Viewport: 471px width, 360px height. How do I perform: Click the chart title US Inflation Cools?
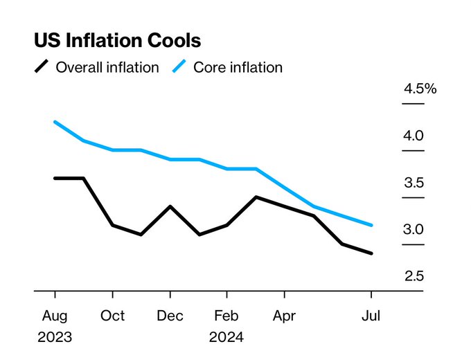(x=118, y=40)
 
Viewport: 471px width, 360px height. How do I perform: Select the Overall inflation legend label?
(x=107, y=67)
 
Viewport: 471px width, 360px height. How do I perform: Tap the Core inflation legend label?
(x=238, y=67)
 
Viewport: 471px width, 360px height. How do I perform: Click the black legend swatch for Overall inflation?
(x=42, y=66)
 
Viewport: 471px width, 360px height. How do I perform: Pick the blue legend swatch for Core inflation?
(x=179, y=66)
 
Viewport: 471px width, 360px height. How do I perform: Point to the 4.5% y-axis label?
(x=420, y=89)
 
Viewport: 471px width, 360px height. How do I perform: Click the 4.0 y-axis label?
(x=414, y=136)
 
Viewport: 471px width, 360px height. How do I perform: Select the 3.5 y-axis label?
(x=414, y=183)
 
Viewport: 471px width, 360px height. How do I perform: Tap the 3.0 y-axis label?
(x=414, y=229)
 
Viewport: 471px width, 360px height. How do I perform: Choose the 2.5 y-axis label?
(x=414, y=276)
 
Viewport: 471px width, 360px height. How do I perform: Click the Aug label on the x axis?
(x=55, y=316)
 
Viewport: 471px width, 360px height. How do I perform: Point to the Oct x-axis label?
(x=112, y=316)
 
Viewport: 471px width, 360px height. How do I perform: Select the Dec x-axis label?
(x=170, y=316)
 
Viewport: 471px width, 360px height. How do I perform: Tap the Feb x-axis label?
(x=226, y=316)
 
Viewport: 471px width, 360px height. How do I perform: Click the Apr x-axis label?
(x=284, y=316)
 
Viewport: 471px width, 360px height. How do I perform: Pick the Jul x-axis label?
(x=371, y=316)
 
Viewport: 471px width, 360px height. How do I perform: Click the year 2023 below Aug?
(x=55, y=337)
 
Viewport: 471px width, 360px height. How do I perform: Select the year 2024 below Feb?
(x=226, y=337)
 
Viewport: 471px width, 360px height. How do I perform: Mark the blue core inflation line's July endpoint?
(x=371, y=225)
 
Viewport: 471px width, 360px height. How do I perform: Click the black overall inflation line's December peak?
(x=170, y=206)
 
